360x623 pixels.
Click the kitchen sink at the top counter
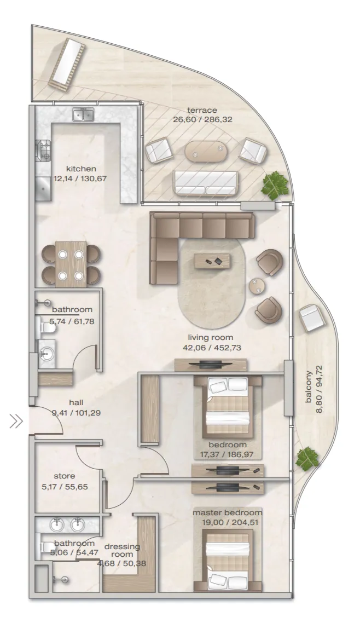(83, 114)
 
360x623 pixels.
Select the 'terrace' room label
(202, 110)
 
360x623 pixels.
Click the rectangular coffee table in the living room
(212, 261)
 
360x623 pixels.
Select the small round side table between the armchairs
(257, 286)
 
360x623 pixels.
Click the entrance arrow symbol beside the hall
(16, 421)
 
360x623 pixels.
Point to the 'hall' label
(76, 402)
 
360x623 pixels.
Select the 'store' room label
(65, 476)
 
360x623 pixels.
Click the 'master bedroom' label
(228, 512)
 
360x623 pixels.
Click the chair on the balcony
(312, 318)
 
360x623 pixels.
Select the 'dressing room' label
(122, 550)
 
